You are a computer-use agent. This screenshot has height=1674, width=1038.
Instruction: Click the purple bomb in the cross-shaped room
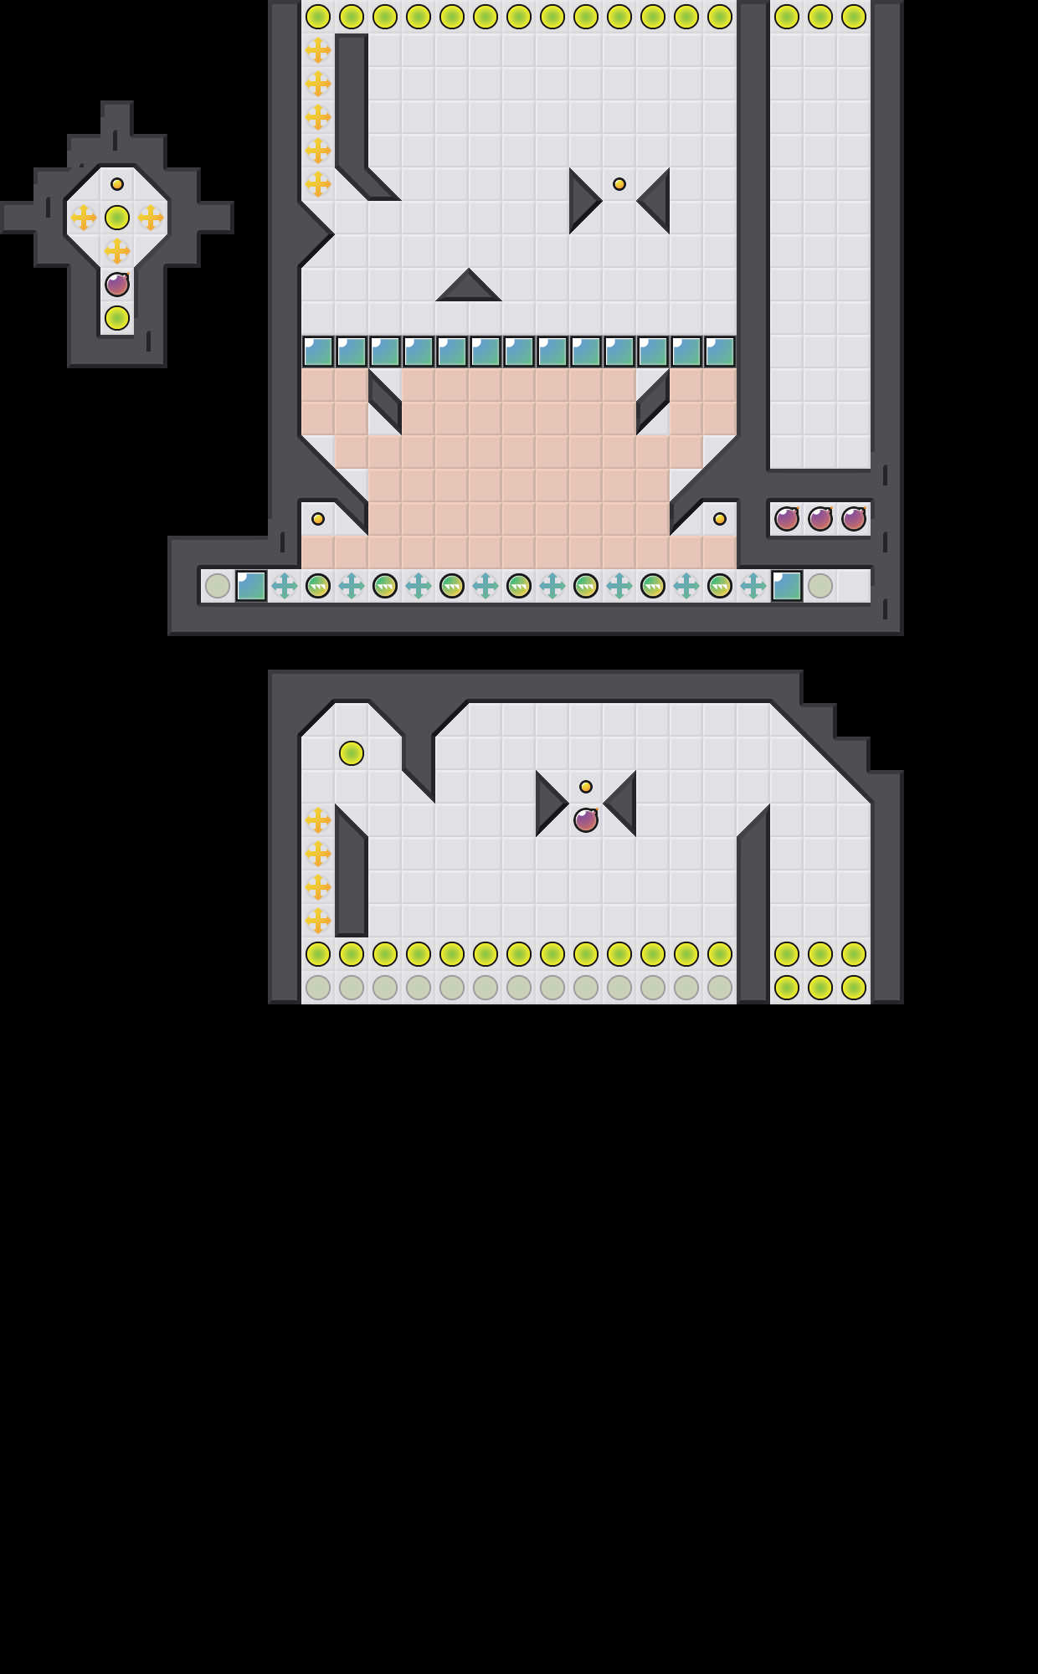117,285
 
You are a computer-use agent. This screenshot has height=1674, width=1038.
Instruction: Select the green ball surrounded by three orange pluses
117,218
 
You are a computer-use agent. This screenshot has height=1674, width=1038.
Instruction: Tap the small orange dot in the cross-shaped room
117,184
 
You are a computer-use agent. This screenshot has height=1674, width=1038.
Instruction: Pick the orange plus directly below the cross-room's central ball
117,250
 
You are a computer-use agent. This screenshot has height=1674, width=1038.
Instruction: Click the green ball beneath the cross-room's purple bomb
117,318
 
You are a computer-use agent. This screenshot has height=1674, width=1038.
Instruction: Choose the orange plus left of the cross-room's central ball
84,218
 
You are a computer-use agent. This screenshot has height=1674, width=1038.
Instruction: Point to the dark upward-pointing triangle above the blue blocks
469,288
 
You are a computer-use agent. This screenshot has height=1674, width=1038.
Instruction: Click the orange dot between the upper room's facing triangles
619,184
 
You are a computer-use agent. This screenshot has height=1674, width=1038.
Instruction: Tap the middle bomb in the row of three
820,519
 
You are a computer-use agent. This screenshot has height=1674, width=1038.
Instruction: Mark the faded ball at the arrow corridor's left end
218,586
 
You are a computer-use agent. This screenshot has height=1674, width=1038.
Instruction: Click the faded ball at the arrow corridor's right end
820,586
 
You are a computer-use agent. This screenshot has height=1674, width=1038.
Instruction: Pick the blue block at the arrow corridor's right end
787,586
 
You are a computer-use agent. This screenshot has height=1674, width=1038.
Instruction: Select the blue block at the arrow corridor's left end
251,586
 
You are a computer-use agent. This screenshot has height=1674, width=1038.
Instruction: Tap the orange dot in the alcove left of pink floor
318,519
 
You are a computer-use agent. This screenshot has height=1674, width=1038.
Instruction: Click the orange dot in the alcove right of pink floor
720,519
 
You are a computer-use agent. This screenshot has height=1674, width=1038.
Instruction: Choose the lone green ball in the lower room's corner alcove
352,753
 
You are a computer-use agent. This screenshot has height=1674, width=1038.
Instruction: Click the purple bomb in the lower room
586,820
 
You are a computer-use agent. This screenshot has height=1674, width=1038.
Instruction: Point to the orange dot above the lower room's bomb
586,787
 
